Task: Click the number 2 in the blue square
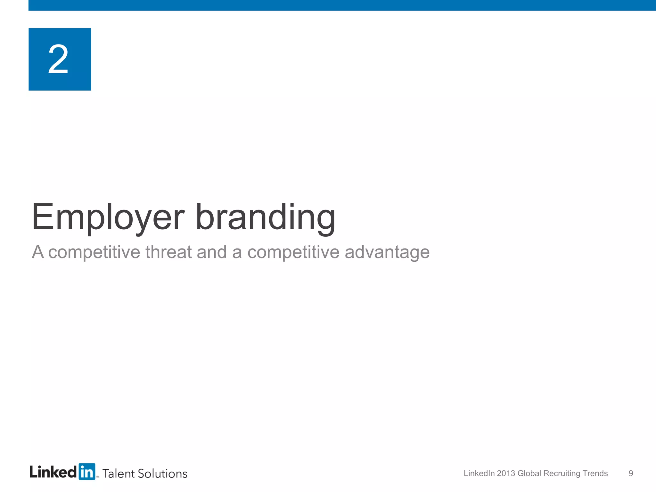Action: click(58, 59)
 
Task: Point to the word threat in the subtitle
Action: click(168, 252)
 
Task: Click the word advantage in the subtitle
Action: click(387, 252)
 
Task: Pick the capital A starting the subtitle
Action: click(38, 252)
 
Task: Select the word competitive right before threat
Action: click(94, 252)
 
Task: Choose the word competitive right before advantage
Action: click(293, 252)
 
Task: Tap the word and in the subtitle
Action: click(211, 252)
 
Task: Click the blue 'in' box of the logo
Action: click(87, 472)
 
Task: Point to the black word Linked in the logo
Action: click(53, 472)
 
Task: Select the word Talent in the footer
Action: click(119, 473)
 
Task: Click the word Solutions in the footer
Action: click(162, 473)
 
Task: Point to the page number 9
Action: click(631, 473)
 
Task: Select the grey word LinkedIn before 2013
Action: click(479, 473)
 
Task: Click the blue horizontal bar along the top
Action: click(342, 5)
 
